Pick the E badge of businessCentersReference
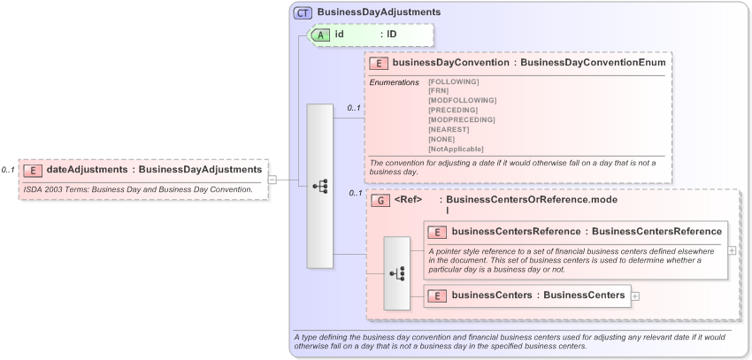(x=437, y=232)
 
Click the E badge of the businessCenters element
(x=437, y=295)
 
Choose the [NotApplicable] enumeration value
(x=456, y=149)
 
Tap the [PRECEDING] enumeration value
(x=453, y=110)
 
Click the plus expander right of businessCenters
(x=635, y=295)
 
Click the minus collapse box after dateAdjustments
(x=272, y=180)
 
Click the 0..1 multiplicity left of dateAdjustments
(x=8, y=170)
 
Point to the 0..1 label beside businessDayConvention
(x=354, y=108)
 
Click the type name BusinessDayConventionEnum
(x=593, y=63)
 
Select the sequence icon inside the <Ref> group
(x=396, y=273)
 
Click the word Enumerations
(x=394, y=82)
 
